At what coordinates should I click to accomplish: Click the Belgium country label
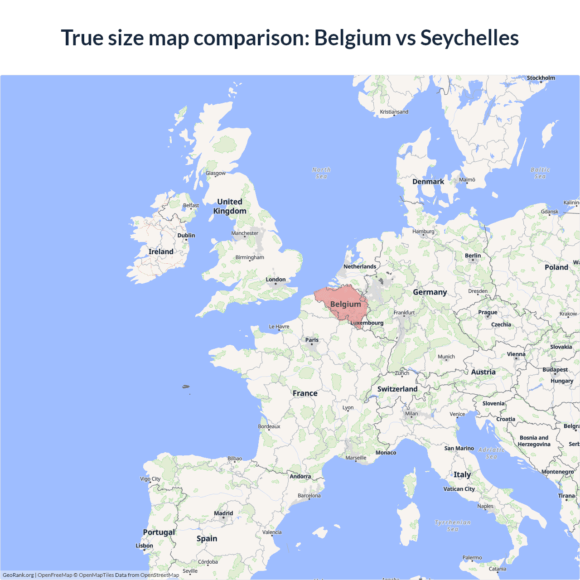click(345, 304)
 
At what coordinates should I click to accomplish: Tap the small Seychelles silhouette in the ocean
click(185, 387)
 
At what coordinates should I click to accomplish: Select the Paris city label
click(312, 340)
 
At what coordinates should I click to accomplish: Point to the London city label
click(275, 280)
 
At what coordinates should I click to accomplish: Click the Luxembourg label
click(367, 323)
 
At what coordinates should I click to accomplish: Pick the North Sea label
click(321, 173)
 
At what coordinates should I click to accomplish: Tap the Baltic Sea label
click(540, 173)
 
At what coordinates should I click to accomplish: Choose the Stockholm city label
click(541, 78)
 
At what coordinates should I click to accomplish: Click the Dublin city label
click(186, 235)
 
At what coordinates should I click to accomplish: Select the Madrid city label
click(223, 513)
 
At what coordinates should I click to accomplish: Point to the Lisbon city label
click(144, 546)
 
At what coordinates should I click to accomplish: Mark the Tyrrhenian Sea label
click(453, 526)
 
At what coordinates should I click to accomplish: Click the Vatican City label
click(459, 489)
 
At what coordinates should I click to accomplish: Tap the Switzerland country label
click(397, 389)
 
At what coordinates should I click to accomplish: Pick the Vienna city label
click(516, 354)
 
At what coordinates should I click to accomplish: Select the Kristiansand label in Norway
click(394, 112)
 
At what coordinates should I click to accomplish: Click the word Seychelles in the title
click(469, 38)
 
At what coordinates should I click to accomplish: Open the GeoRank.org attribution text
click(18, 575)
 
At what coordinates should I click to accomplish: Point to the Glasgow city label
click(215, 173)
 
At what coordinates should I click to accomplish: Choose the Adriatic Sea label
click(492, 453)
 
